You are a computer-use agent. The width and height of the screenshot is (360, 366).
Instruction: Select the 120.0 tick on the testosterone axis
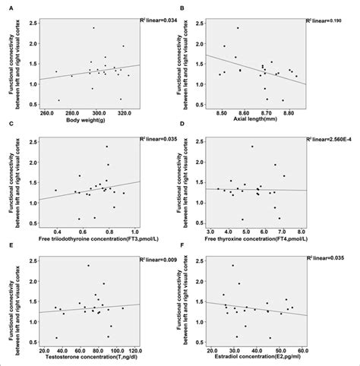pos(135,352)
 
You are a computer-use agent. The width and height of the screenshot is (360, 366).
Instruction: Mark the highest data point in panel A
pos(93,28)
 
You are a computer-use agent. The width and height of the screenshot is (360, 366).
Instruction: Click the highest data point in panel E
pos(88,266)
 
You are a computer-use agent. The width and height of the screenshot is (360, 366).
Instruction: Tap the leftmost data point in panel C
pos(55,191)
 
